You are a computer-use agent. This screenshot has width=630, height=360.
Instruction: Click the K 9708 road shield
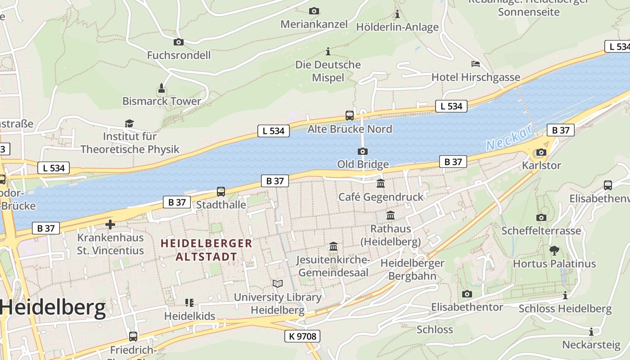pos(302,336)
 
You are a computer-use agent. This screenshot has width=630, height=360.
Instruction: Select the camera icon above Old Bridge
pos(363,151)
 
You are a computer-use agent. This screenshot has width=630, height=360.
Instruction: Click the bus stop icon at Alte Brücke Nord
pos(350,115)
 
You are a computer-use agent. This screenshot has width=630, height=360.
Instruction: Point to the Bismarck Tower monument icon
pos(162,87)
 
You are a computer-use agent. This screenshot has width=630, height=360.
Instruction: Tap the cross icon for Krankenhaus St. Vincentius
pos(110,224)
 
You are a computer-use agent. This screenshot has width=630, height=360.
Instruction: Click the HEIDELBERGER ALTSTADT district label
pos(207,250)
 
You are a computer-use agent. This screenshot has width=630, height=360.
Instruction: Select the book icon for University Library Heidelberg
pos(278,283)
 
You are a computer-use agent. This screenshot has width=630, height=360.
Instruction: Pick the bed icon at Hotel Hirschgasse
pos(476,63)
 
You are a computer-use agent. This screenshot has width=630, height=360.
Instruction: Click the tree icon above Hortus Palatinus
pos(554,250)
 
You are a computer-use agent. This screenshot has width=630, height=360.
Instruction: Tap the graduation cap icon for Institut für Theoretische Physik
pos(130,123)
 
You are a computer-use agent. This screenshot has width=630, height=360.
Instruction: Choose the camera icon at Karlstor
pos(541,152)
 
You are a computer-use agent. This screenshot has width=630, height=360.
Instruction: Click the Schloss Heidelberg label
pos(565,309)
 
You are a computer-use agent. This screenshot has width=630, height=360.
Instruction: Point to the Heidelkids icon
pos(189,302)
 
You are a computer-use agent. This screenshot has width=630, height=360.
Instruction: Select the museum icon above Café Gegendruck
pos(381,183)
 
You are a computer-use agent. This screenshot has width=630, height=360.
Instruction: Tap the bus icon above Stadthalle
pos(221,192)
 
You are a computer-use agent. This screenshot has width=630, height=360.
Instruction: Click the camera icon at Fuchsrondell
pos(179,42)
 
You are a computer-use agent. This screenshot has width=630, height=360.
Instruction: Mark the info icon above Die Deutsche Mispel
pos(328,51)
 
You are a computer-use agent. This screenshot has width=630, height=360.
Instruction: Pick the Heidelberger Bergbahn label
pos(412,269)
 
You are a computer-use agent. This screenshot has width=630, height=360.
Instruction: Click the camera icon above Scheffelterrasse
pos(541,217)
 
